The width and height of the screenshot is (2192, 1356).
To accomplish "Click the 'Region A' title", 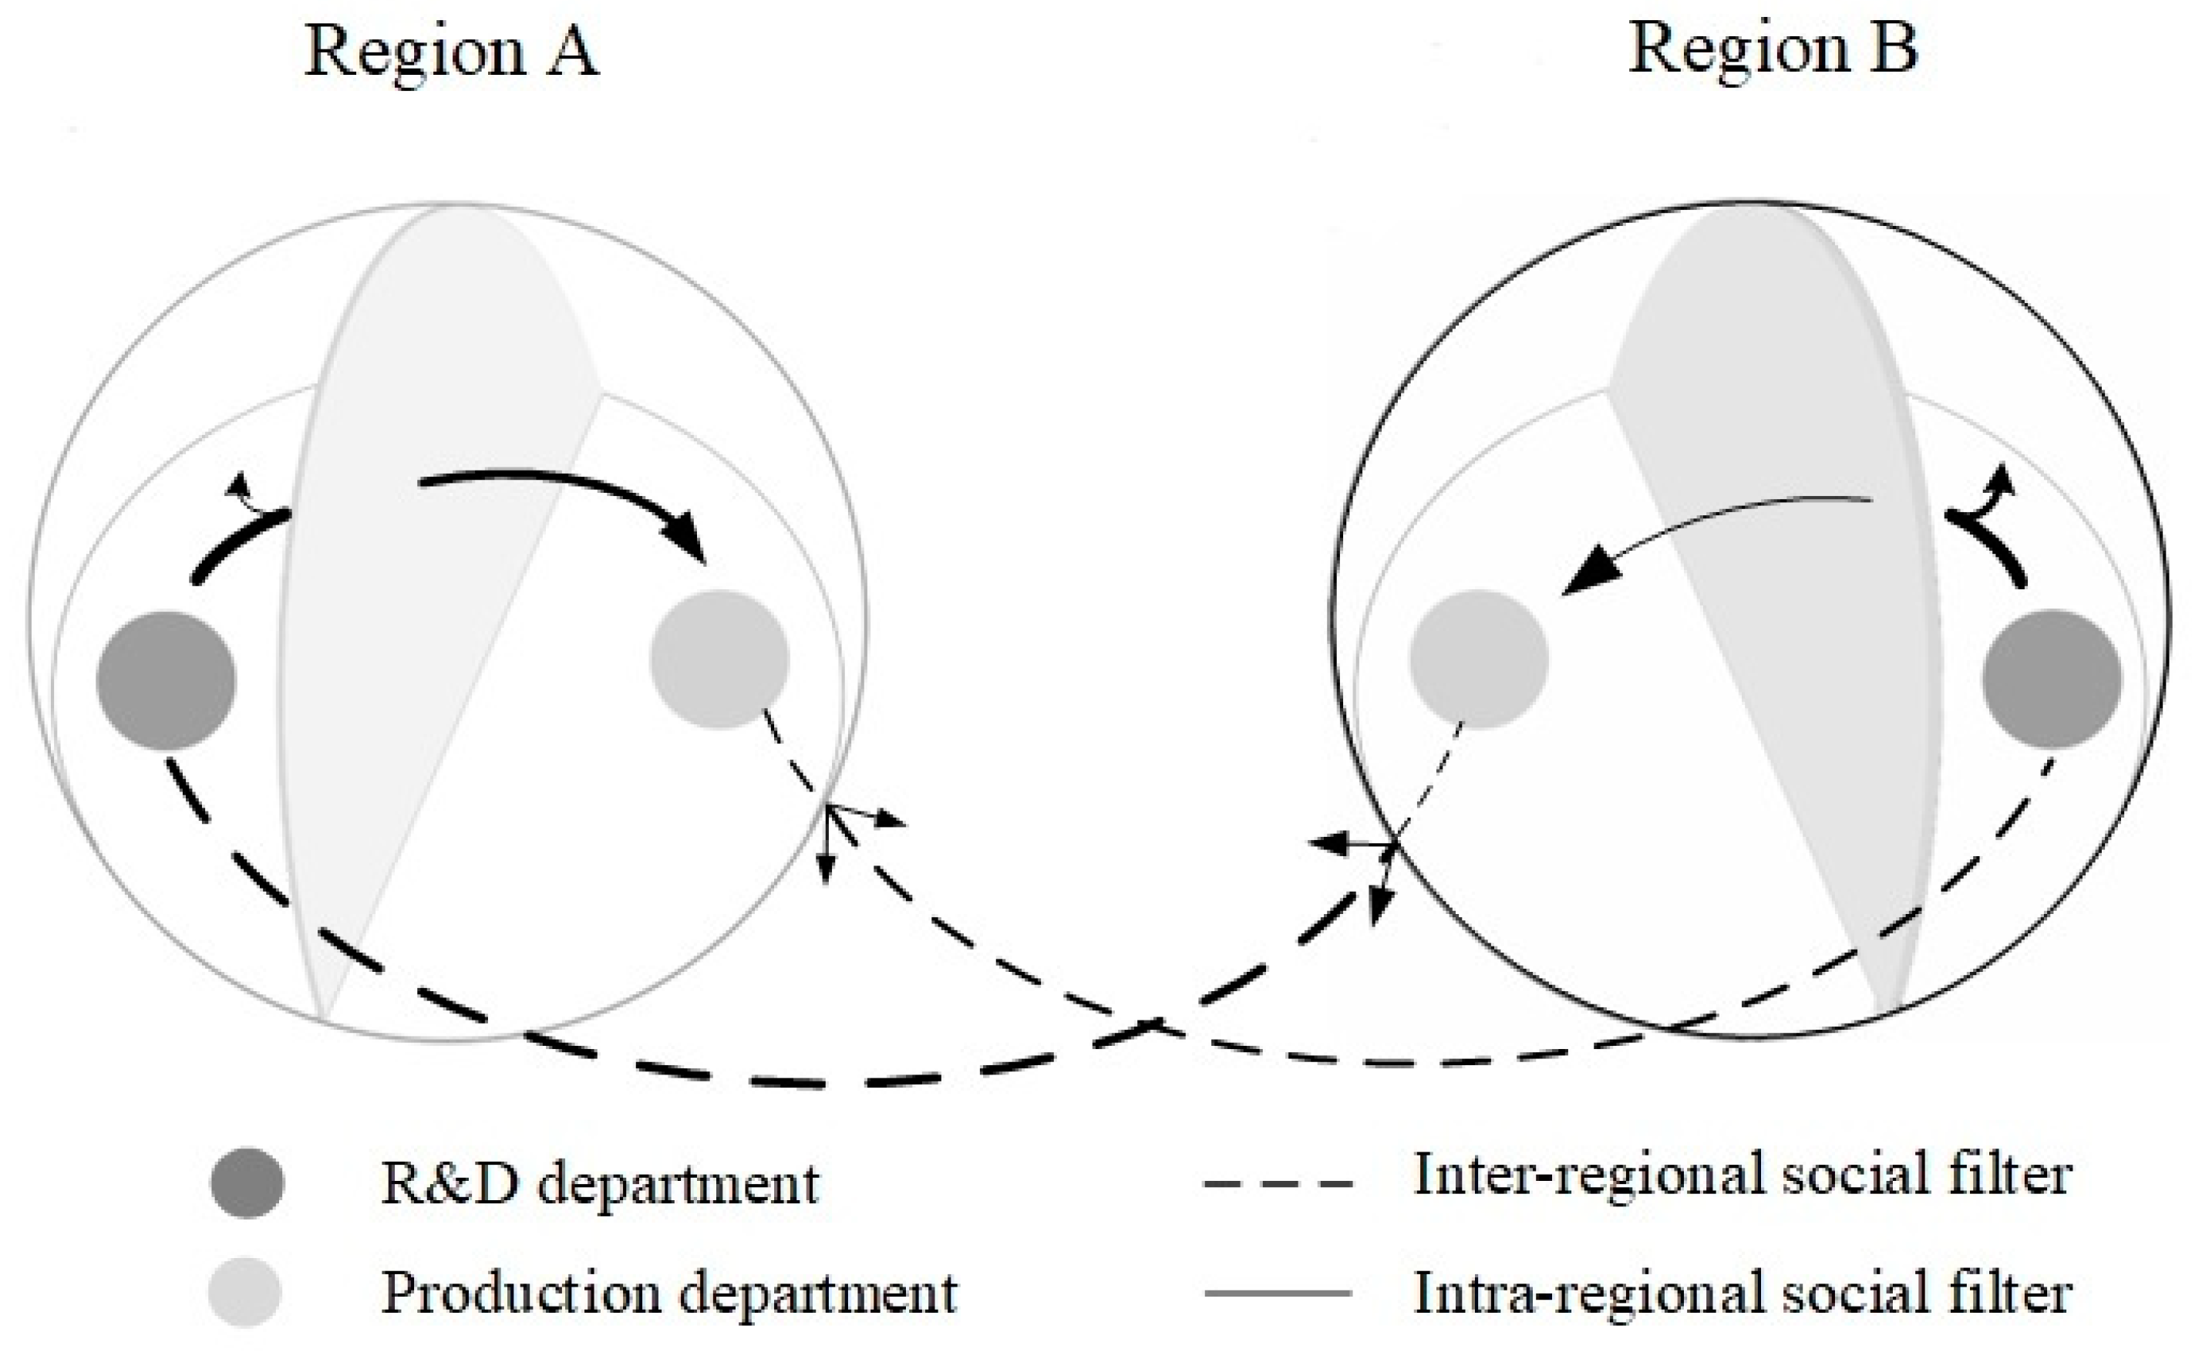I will pyautogui.click(x=451, y=52).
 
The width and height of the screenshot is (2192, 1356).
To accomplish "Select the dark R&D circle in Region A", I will pyautogui.click(x=166, y=680).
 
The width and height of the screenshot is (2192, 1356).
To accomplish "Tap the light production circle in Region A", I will pyautogui.click(x=719, y=659).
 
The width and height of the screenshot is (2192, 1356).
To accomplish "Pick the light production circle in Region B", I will pyautogui.click(x=1478, y=659).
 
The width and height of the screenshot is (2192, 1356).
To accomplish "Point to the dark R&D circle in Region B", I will pyautogui.click(x=2052, y=679).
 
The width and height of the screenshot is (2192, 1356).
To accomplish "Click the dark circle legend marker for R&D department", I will pyautogui.click(x=247, y=1183).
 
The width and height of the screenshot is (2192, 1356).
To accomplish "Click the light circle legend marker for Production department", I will pyautogui.click(x=244, y=1292).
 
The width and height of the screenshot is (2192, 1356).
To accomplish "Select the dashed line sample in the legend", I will pyautogui.click(x=1278, y=1184).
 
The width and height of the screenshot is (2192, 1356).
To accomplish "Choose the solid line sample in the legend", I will pyautogui.click(x=1278, y=1292).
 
